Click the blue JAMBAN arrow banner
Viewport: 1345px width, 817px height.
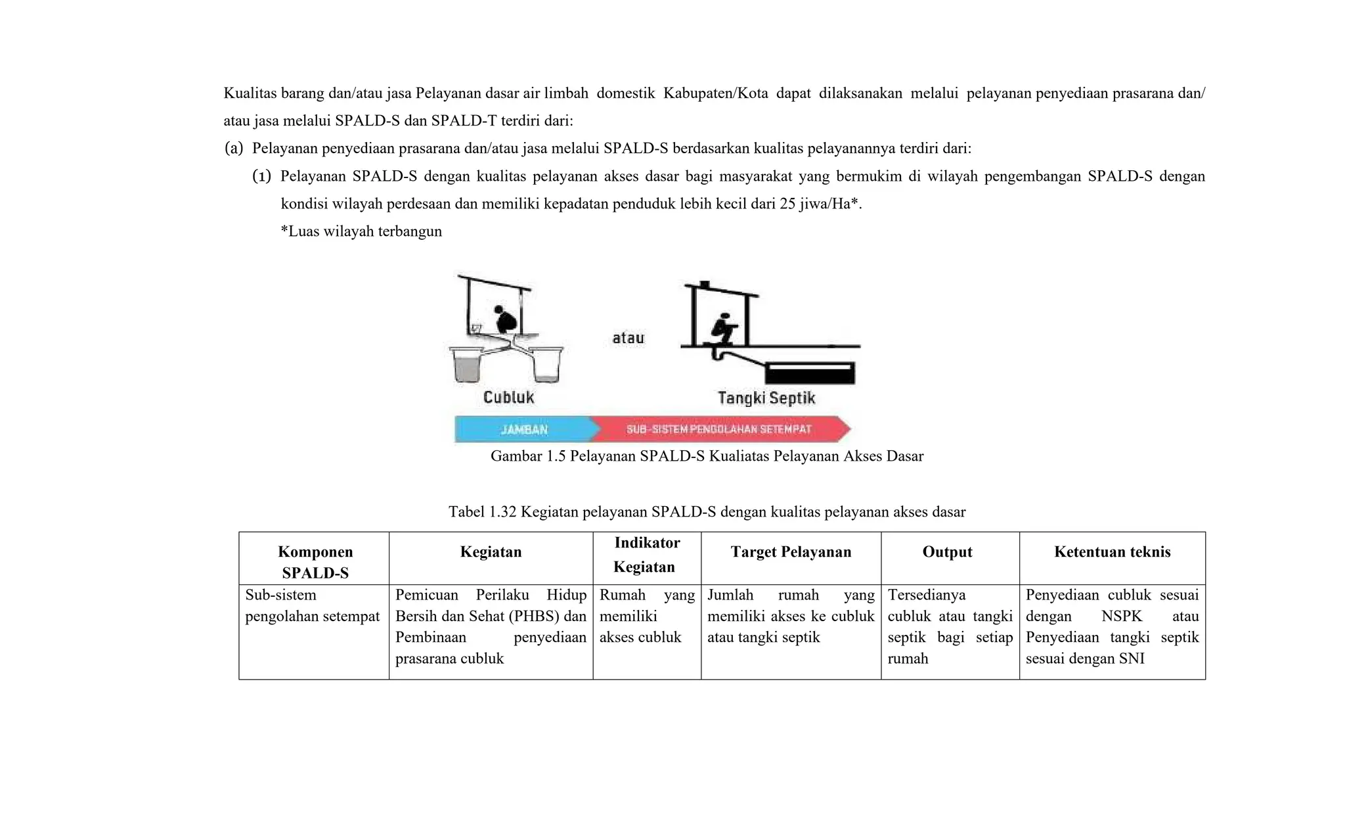(523, 429)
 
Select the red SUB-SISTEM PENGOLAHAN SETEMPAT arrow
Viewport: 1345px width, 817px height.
(718, 429)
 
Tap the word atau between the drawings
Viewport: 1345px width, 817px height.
(628, 338)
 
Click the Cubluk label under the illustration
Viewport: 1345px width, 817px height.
(508, 397)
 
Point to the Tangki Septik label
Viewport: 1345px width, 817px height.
(766, 398)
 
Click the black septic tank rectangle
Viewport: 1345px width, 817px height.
(810, 373)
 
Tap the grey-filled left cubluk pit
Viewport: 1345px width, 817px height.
(468, 367)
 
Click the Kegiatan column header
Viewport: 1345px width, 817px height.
(491, 552)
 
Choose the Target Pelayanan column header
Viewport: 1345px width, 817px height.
(791, 552)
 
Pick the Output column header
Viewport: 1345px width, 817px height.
(947, 552)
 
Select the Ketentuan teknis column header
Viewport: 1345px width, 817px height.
(1112, 552)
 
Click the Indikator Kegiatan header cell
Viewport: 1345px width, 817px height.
(646, 555)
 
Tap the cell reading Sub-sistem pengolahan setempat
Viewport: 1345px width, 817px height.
(312, 605)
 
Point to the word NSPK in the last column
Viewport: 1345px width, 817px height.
(1122, 616)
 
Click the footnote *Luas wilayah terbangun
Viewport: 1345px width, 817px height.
(361, 231)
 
